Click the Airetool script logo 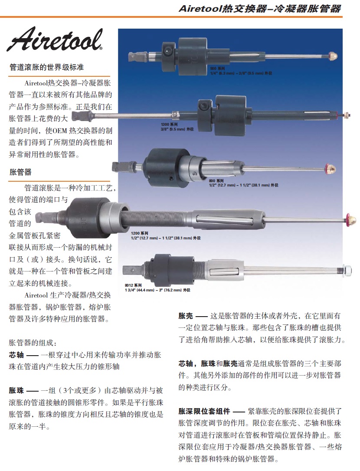[x=54, y=39]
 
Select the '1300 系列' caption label [x=169, y=124]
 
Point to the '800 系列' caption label [x=216, y=181]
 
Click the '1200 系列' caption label [x=139, y=233]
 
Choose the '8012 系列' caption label [x=133, y=285]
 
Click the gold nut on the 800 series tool [x=331, y=169]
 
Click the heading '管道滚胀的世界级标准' [x=46, y=67]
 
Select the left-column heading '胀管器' [x=20, y=172]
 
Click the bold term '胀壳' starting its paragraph [x=186, y=316]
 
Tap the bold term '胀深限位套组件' [x=204, y=411]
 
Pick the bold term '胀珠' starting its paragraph [x=16, y=390]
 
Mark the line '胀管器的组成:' [x=33, y=343]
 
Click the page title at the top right [x=260, y=8]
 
